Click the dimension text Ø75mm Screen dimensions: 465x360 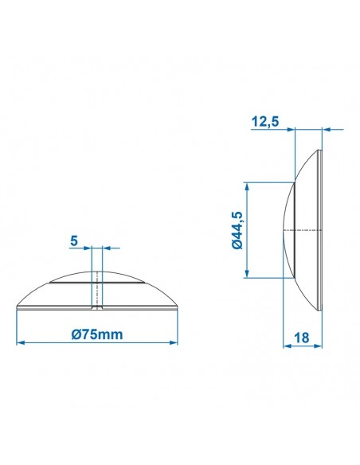96,334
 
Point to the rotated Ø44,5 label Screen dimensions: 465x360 237,230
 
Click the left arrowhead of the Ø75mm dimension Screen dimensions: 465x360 21,342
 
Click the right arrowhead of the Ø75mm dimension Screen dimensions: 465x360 172,342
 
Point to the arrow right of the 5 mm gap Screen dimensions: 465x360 104,247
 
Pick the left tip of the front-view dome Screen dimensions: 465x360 18,307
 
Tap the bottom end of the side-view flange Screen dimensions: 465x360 322,309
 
